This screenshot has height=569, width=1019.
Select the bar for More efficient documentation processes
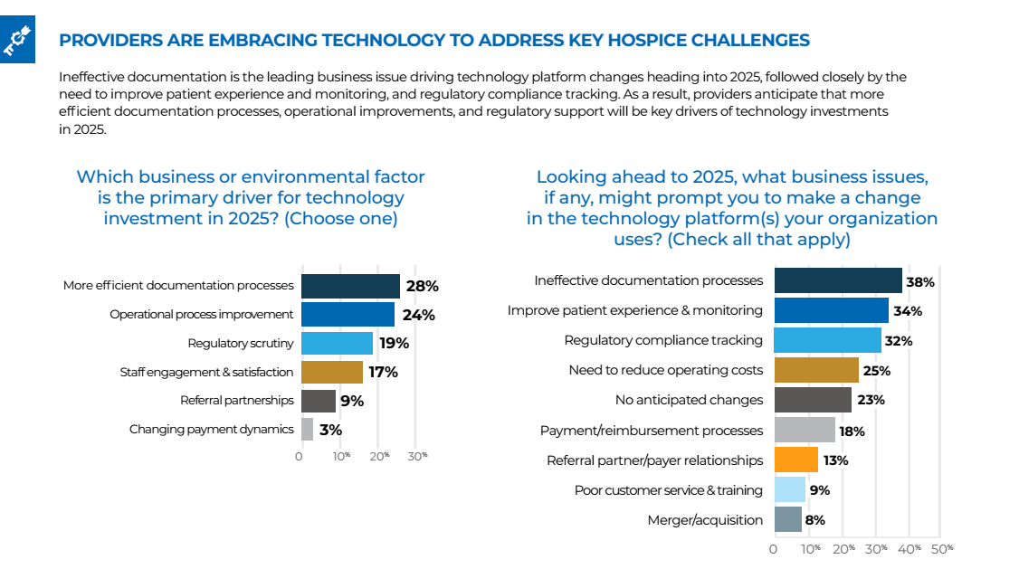(x=350, y=286)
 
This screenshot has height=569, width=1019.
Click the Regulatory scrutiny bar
(x=337, y=344)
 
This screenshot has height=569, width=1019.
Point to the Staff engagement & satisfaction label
(x=206, y=372)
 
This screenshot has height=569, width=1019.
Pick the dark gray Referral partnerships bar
(x=318, y=401)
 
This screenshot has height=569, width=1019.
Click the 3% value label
(x=330, y=430)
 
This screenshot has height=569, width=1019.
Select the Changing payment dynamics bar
(x=307, y=430)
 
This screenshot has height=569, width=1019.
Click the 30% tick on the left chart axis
(x=416, y=456)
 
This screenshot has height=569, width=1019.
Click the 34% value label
(x=908, y=311)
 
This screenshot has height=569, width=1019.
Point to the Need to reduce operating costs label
(x=665, y=370)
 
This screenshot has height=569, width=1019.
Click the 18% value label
(x=852, y=431)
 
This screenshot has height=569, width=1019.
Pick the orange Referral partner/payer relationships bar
(x=796, y=460)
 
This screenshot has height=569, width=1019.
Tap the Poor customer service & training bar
(x=790, y=490)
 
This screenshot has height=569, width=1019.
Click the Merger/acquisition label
(x=705, y=520)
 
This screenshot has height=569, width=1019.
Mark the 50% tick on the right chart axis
(x=942, y=548)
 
